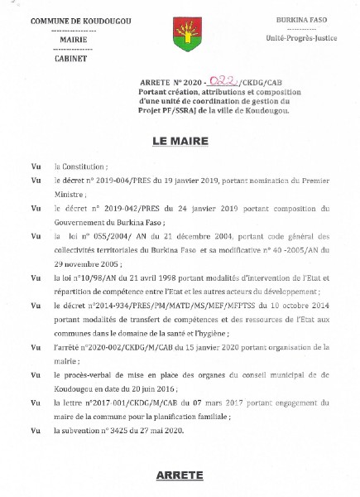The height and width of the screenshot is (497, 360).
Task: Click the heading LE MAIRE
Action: (178, 142)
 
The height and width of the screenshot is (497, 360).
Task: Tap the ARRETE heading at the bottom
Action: (179, 475)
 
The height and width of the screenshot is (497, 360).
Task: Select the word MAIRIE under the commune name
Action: (67, 39)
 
